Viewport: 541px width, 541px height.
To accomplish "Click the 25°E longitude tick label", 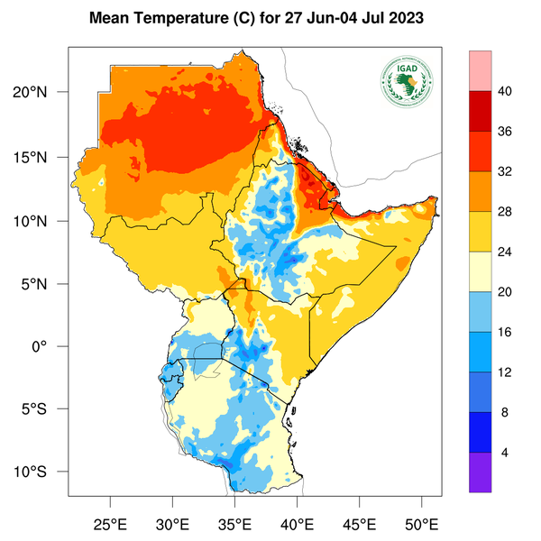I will click(110, 523).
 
